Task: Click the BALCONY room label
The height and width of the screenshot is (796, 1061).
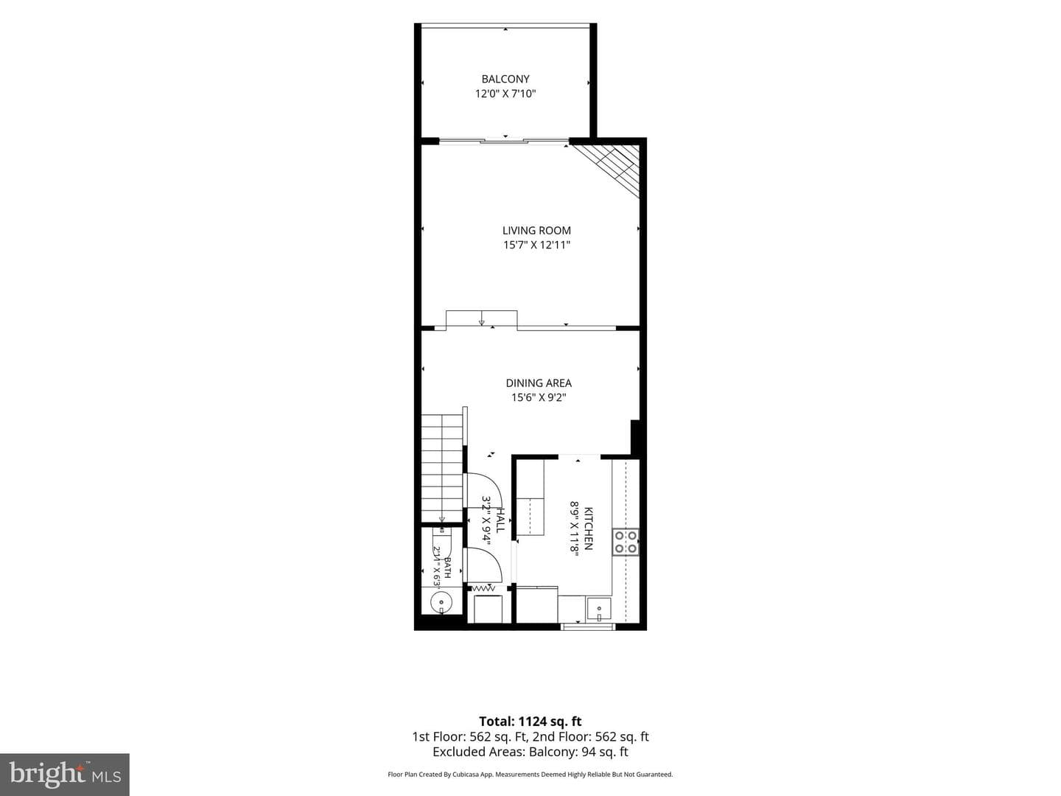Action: click(505, 79)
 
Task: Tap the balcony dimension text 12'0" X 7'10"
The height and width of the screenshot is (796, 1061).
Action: click(505, 94)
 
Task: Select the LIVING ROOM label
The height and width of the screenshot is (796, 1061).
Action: click(536, 231)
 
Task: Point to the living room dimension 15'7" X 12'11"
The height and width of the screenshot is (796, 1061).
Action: click(536, 245)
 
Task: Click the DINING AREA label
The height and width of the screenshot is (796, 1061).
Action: click(539, 383)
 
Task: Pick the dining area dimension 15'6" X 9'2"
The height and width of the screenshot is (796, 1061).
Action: click(539, 397)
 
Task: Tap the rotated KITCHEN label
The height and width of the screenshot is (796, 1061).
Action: click(588, 528)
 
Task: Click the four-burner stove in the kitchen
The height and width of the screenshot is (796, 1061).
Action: click(626, 542)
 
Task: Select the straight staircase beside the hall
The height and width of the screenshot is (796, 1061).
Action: click(442, 469)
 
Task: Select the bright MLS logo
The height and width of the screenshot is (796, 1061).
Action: click(65, 774)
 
